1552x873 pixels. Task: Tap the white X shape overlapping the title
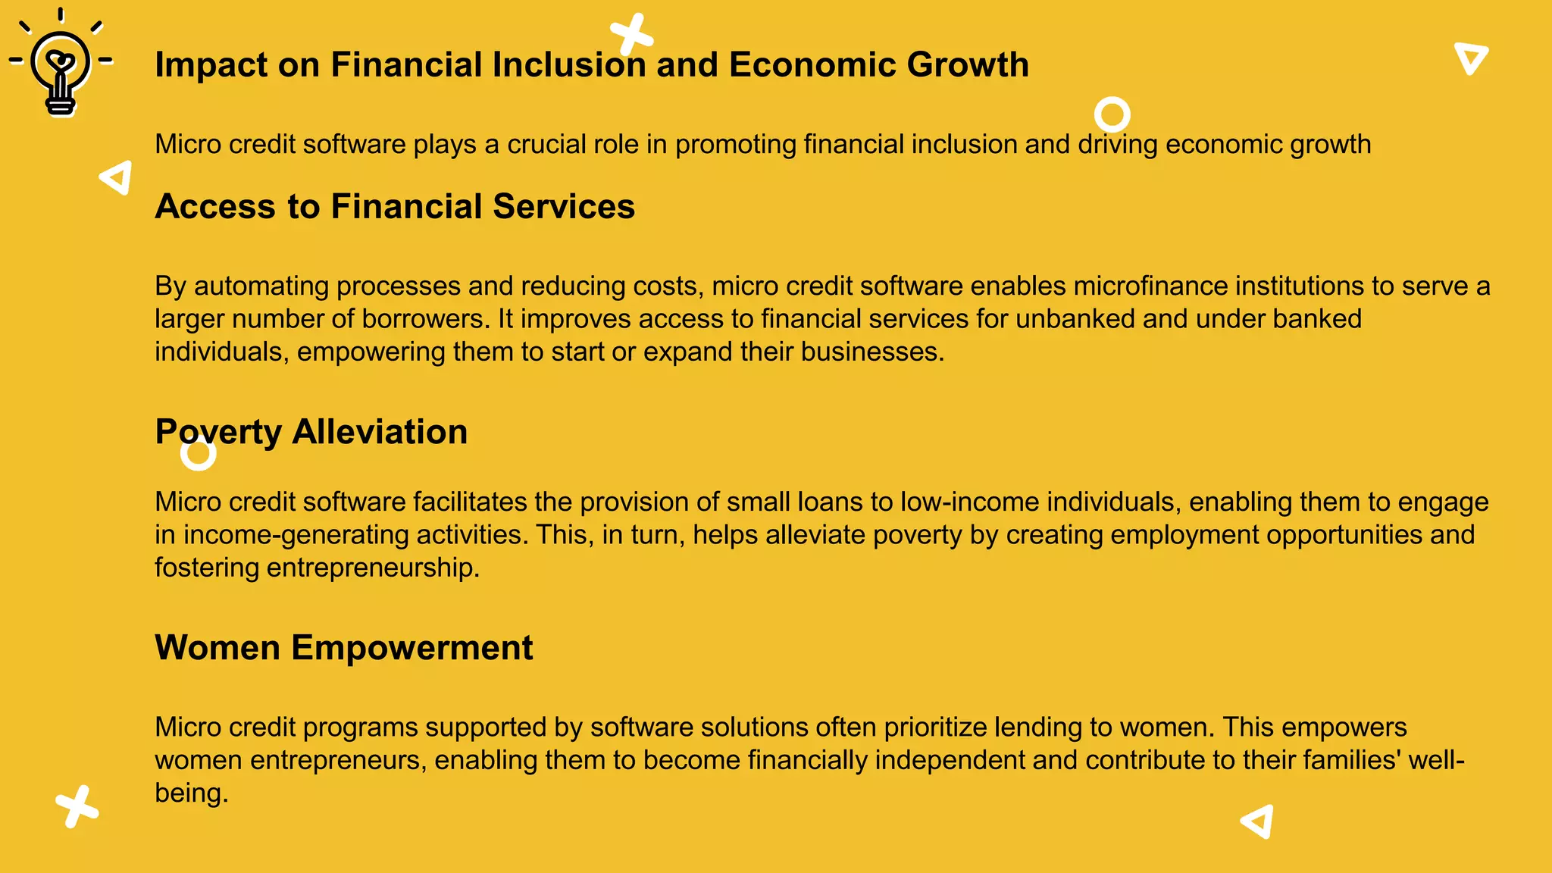(631, 35)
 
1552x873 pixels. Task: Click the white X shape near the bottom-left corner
(77, 806)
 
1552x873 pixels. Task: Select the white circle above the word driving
(1112, 114)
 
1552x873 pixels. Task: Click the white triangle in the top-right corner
(1471, 58)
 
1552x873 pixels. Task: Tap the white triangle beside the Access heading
(117, 177)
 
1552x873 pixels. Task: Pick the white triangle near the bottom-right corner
(1258, 821)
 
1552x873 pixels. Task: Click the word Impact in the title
(211, 65)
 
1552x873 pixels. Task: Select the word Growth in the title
(968, 65)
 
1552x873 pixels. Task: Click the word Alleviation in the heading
(380, 432)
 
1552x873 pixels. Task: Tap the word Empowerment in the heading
(411, 649)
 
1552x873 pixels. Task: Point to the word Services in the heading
(564, 207)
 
